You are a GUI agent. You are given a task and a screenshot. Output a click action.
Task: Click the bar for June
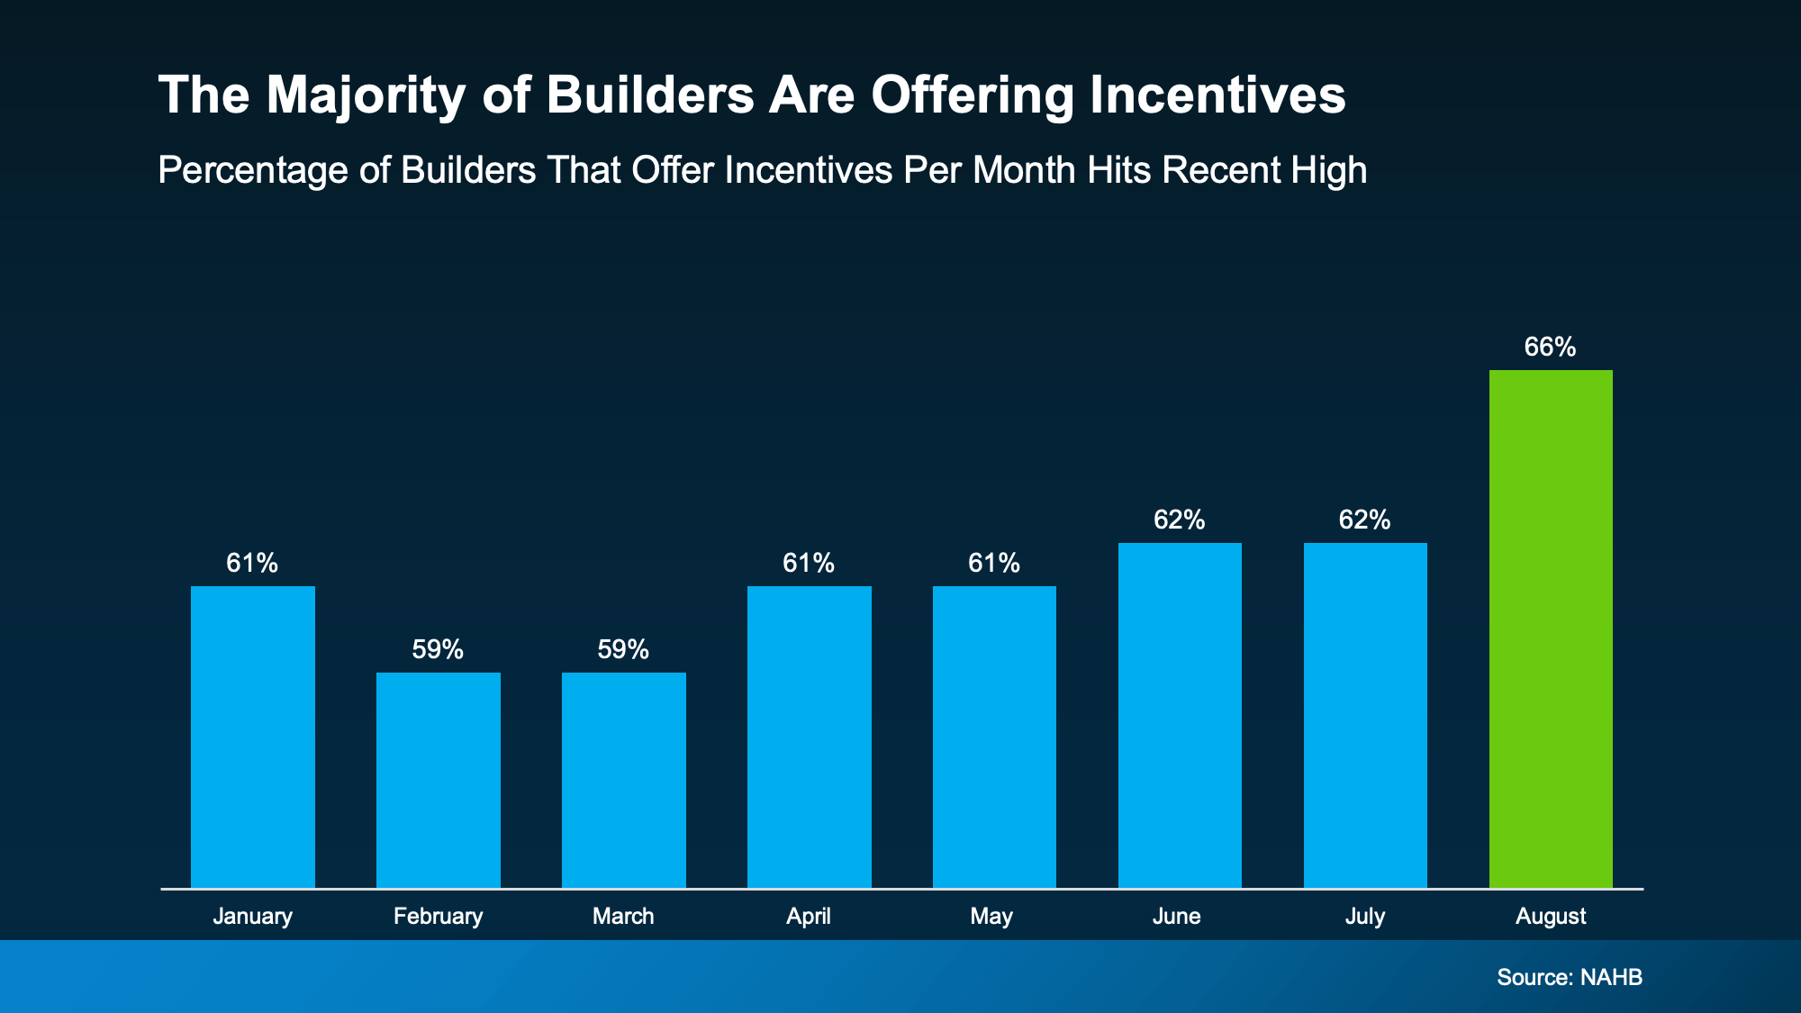[1180, 715]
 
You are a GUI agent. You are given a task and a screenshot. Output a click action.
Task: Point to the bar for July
[1365, 715]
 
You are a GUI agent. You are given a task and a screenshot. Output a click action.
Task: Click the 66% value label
[1550, 348]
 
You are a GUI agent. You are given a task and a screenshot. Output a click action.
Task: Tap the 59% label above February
[438, 650]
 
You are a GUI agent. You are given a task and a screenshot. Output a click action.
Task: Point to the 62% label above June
[1179, 520]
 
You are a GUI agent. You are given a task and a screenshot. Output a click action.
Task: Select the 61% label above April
[809, 564]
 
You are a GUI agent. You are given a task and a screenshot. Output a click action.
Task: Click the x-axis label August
[1551, 917]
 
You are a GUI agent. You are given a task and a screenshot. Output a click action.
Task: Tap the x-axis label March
[623, 917]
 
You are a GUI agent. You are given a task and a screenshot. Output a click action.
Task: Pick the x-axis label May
[991, 917]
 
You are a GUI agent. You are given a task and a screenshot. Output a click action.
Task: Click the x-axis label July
[1365, 917]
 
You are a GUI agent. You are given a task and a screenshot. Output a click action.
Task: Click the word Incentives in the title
[1217, 95]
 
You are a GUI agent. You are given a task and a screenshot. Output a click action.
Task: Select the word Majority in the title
[366, 95]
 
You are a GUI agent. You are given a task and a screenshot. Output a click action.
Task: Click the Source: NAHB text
[1570, 977]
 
